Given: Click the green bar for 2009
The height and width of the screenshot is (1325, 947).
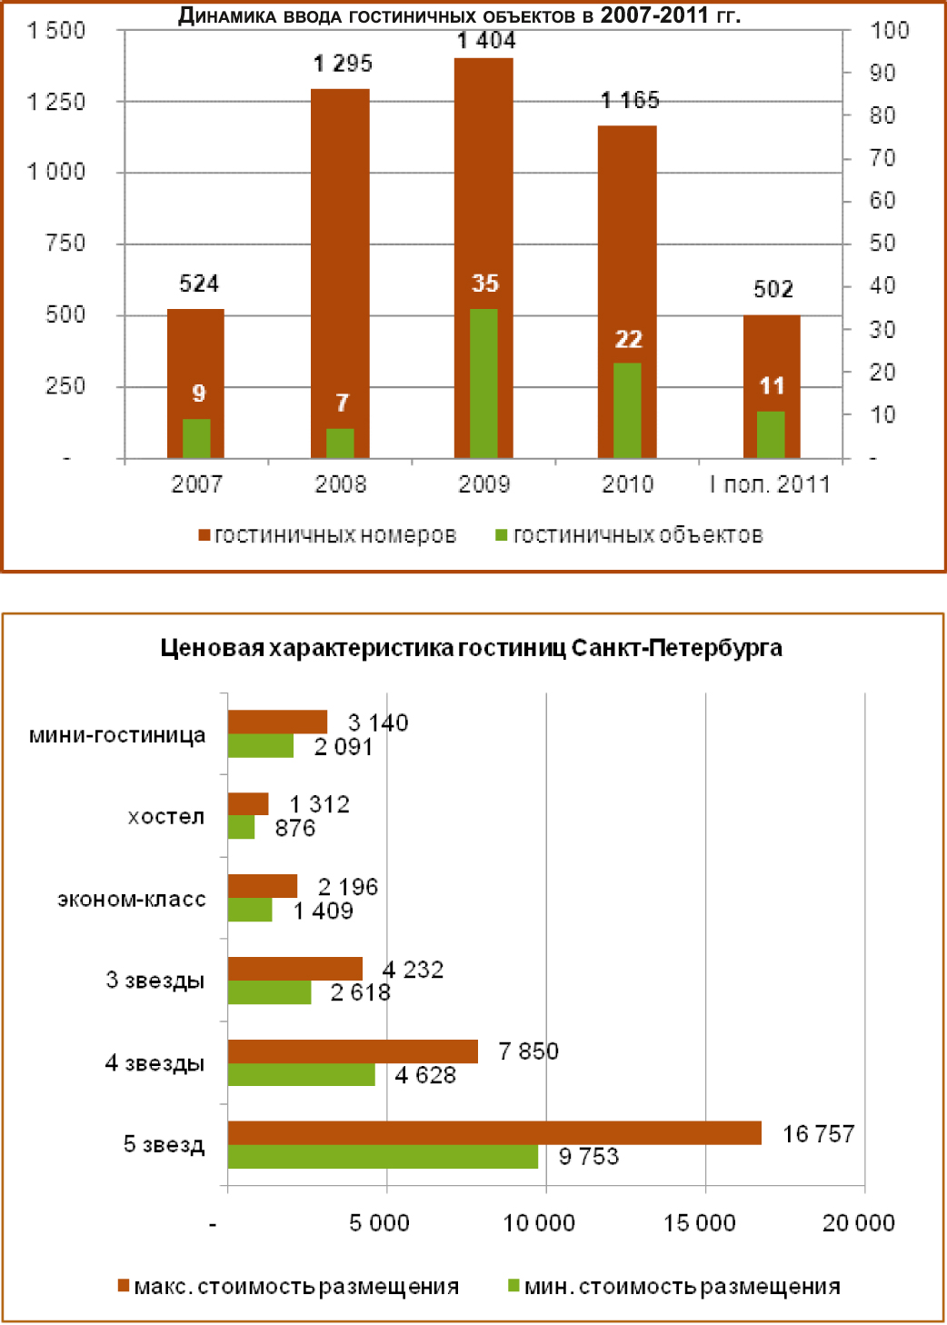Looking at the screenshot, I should click(483, 383).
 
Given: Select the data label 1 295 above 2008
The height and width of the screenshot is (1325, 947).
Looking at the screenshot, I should click(343, 64).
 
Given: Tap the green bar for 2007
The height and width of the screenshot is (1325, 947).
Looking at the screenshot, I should click(196, 438).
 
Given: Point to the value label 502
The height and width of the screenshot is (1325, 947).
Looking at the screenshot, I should click(773, 289).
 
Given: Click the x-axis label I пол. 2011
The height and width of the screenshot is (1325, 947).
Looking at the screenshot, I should click(770, 484).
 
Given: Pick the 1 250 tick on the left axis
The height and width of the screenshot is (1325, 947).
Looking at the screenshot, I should click(56, 102).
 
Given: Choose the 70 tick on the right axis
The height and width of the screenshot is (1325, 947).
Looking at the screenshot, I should click(882, 158).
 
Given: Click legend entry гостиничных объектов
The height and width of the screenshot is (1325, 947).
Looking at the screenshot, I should click(637, 535).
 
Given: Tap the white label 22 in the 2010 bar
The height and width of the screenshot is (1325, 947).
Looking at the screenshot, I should click(628, 339).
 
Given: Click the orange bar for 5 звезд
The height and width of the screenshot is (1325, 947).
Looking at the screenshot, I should click(494, 1132).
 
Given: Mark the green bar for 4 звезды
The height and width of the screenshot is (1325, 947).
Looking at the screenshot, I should click(301, 1074).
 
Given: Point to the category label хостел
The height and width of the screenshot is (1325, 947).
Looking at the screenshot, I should click(166, 816).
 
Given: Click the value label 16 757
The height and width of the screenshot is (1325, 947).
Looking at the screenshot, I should click(818, 1133).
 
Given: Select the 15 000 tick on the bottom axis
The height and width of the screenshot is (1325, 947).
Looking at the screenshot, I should click(700, 1222).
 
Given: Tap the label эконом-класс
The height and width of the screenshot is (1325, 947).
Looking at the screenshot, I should click(132, 899).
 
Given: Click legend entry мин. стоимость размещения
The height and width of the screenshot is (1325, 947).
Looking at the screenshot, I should click(682, 1286).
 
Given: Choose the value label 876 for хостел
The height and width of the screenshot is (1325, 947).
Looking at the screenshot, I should click(295, 828).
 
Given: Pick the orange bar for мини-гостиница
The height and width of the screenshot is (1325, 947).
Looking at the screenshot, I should click(277, 722).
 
